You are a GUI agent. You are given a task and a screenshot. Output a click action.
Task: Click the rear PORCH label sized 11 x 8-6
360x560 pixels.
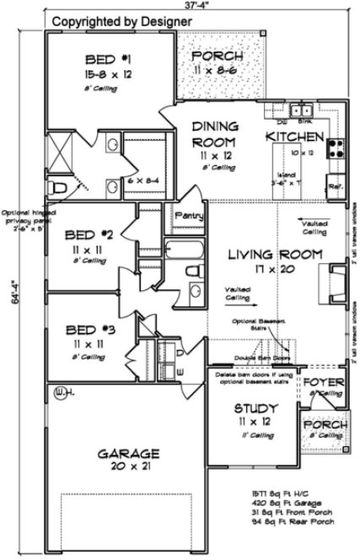[218, 57]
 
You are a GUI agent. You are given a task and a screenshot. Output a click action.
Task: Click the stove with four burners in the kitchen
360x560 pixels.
[336, 148]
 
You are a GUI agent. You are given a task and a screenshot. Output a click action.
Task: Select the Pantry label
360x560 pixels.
[189, 216]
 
